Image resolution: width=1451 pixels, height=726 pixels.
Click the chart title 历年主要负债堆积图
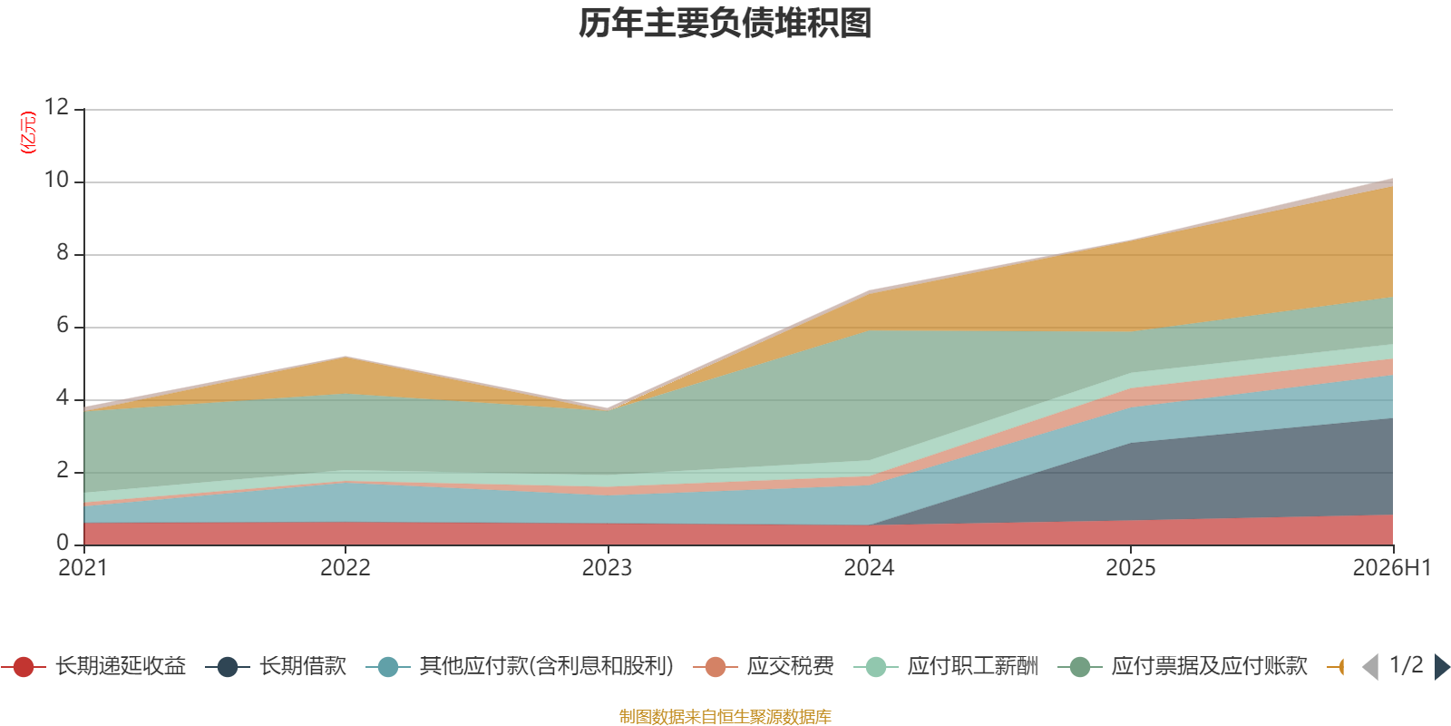pos(725,24)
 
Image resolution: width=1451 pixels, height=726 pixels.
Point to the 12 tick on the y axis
pos(56,107)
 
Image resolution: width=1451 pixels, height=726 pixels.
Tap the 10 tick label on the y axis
pos(56,180)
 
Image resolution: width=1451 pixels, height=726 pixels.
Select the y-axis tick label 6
pos(63,325)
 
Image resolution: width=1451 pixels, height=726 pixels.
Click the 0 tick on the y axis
pos(63,542)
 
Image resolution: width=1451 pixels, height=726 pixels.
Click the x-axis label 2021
pos(83,568)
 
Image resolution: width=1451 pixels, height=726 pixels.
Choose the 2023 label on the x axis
pos(607,568)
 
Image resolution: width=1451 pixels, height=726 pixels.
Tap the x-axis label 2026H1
pos(1392,568)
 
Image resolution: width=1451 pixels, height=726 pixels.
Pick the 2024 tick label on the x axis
pos(869,568)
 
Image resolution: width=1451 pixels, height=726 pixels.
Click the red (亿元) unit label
pos(28,132)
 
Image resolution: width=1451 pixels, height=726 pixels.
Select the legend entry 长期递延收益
pos(94,666)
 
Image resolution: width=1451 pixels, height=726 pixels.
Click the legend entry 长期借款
pos(276,666)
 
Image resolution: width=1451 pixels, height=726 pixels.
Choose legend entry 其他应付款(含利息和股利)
pos(520,666)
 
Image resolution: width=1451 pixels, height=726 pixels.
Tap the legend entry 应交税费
pos(763,666)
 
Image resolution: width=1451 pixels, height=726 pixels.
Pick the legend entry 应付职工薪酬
pos(946,666)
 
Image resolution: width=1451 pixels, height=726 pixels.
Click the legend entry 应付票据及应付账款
pos(1183,666)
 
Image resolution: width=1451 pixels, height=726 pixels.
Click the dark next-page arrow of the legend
pos(1441,666)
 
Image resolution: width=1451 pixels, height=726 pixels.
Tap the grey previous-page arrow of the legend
pos(1370,666)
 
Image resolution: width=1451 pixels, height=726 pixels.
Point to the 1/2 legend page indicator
pos(1407,665)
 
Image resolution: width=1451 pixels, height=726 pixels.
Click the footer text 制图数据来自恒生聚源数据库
pos(725,716)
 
